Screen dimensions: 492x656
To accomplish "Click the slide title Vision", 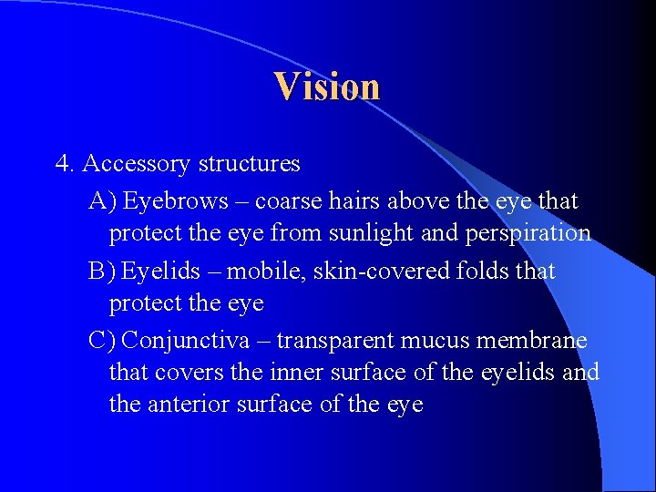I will [x=327, y=87].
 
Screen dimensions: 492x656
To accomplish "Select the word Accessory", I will [x=136, y=164].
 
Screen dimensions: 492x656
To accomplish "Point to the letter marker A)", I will [x=102, y=200].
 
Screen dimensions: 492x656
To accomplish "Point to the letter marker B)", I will [x=101, y=271].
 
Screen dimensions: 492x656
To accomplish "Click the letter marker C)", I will [x=101, y=340].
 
